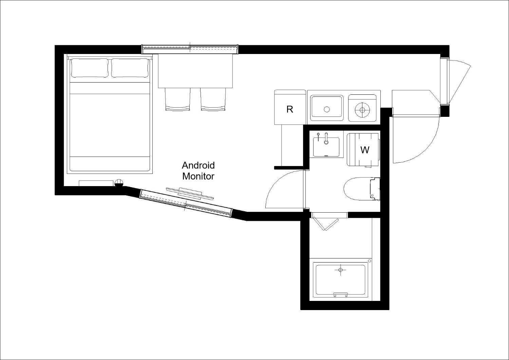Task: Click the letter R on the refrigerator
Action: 289,109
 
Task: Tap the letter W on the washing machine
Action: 365,150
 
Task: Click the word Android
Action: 198,165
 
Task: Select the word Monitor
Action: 199,176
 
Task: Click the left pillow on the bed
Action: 90,68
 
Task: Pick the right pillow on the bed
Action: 130,68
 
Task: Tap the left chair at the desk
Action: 178,100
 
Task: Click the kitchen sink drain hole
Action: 327,109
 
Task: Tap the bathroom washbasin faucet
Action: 326,138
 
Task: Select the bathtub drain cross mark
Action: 340,270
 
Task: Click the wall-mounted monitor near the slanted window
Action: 190,194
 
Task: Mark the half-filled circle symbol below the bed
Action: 119,183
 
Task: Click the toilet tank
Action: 375,189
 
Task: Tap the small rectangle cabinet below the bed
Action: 96,183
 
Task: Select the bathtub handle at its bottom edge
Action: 340,294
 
